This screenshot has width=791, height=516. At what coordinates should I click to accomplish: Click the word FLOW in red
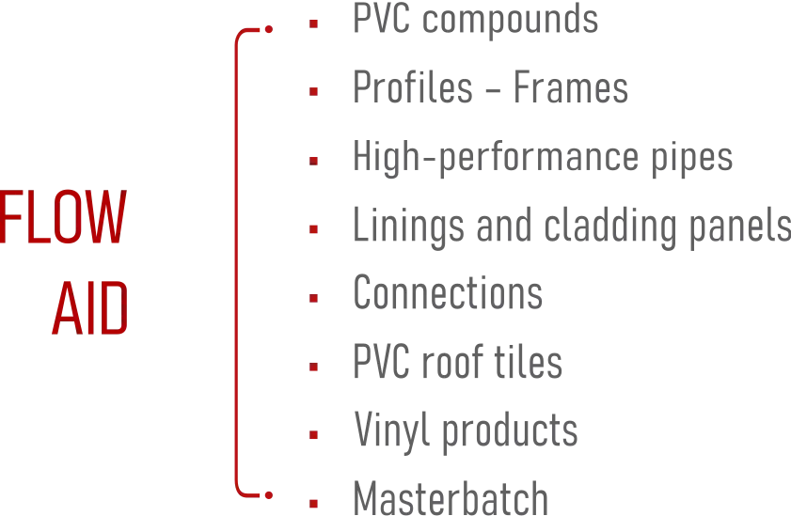63,217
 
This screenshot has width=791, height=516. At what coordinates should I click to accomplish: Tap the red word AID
89,308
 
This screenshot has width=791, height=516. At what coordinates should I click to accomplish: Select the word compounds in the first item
510,20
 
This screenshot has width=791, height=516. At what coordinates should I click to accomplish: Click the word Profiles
413,87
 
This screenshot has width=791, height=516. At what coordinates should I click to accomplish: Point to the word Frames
571,87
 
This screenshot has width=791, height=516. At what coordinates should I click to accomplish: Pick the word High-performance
497,158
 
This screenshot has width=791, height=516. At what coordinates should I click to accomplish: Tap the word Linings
408,227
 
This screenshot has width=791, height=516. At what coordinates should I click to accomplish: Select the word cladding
610,227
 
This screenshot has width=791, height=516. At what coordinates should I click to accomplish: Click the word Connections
448,292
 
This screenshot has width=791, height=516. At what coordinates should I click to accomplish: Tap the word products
510,431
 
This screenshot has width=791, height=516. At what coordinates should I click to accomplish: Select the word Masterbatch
451,498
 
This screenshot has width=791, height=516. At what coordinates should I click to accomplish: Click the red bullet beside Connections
314,298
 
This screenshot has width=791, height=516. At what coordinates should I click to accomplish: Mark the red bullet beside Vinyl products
314,435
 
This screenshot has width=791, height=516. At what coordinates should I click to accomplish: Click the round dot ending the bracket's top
269,29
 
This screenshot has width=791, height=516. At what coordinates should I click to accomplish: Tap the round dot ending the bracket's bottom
269,495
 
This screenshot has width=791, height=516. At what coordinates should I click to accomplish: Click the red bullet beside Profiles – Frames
314,92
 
